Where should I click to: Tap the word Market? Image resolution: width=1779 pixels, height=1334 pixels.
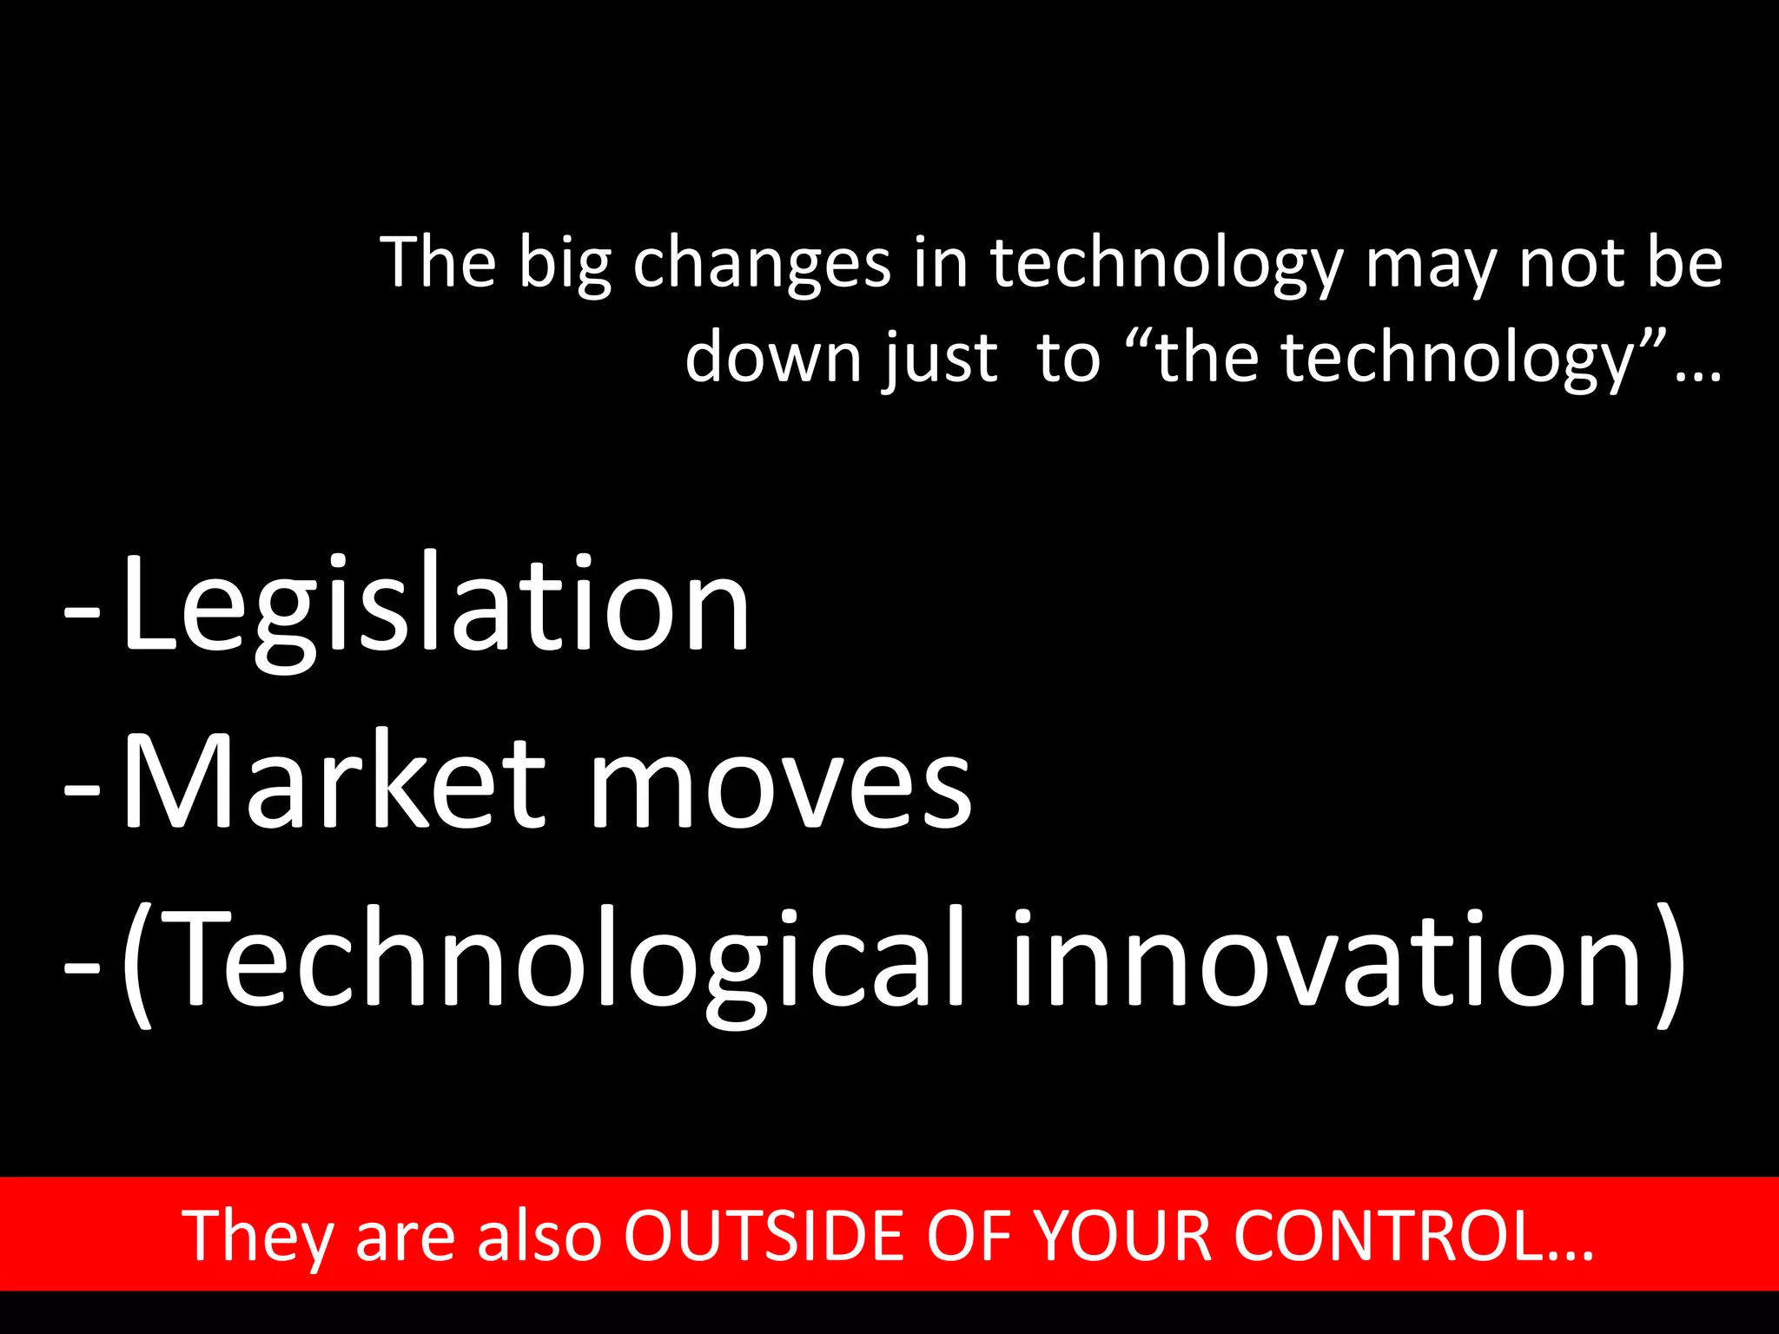click(x=334, y=782)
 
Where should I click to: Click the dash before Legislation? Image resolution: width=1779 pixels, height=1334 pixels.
click(x=82, y=611)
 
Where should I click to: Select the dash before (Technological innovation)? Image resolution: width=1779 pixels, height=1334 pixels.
click(x=82, y=964)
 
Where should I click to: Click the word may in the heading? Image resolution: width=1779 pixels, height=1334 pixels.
click(x=1430, y=265)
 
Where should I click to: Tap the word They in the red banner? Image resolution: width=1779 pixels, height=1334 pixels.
click(x=257, y=1235)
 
